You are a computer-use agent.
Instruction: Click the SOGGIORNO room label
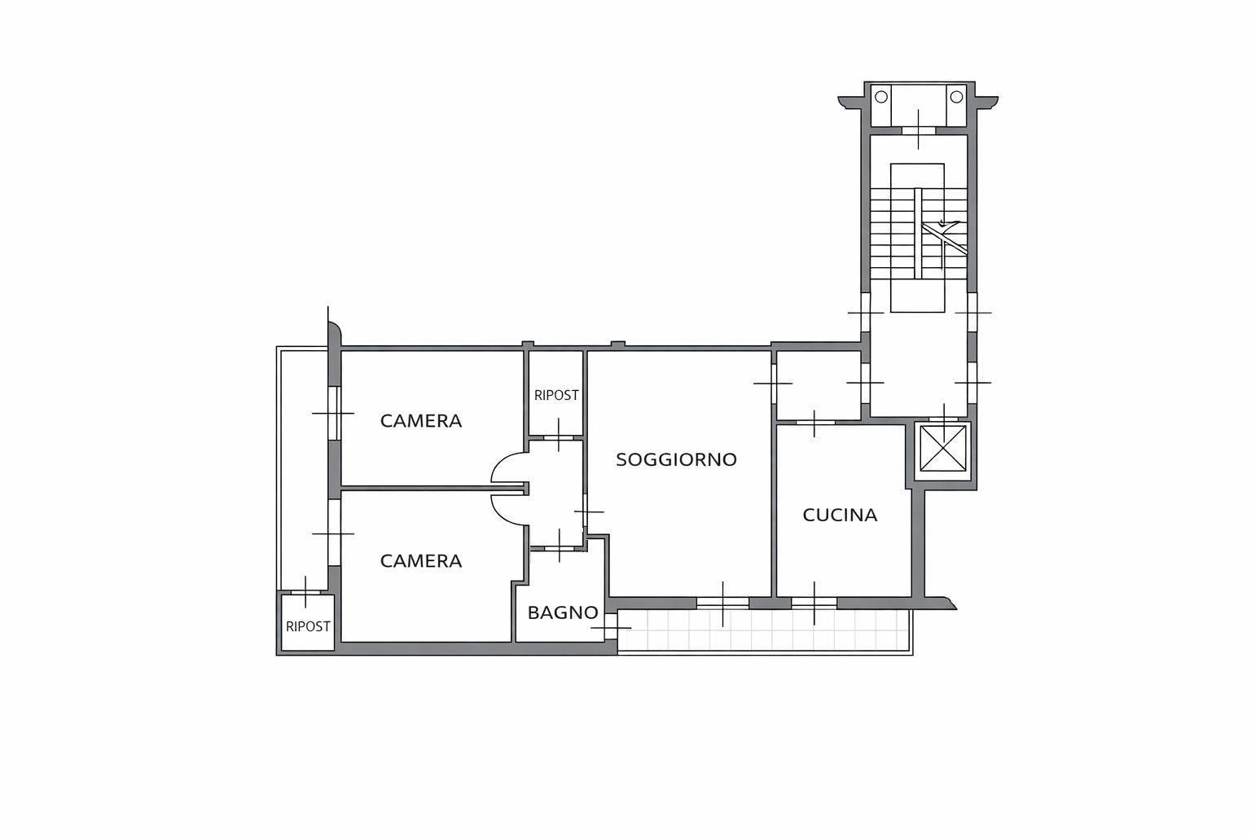click(x=676, y=459)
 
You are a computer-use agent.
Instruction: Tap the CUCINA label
click(x=840, y=515)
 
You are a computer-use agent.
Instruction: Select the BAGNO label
click(x=563, y=612)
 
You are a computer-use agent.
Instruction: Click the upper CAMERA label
click(x=421, y=421)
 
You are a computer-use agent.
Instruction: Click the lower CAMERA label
click(x=421, y=561)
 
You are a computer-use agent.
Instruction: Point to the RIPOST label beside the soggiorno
click(x=556, y=396)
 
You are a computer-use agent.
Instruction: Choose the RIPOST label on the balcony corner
click(x=308, y=627)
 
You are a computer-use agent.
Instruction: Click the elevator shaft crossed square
click(x=942, y=448)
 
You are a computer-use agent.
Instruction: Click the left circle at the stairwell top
click(x=881, y=97)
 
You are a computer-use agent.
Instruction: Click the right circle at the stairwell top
click(x=957, y=97)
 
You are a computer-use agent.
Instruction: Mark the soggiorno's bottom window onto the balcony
click(x=722, y=604)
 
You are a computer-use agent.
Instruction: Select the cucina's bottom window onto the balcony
click(x=814, y=604)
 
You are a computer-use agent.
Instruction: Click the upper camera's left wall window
click(x=334, y=414)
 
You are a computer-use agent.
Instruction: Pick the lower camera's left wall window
click(x=334, y=533)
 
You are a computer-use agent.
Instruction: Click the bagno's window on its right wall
click(x=611, y=627)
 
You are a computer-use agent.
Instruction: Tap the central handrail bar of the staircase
click(x=918, y=233)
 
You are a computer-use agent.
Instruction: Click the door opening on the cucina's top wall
click(x=814, y=423)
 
